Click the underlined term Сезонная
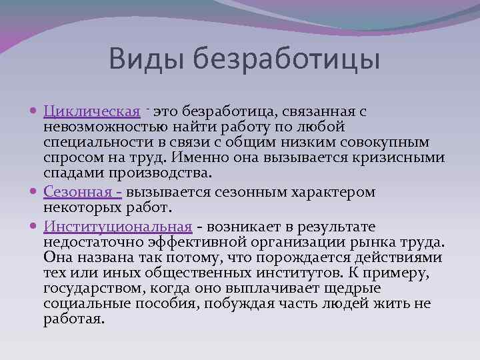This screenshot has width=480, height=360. click(x=79, y=192)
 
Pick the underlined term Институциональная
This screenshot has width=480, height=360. click(x=118, y=227)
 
